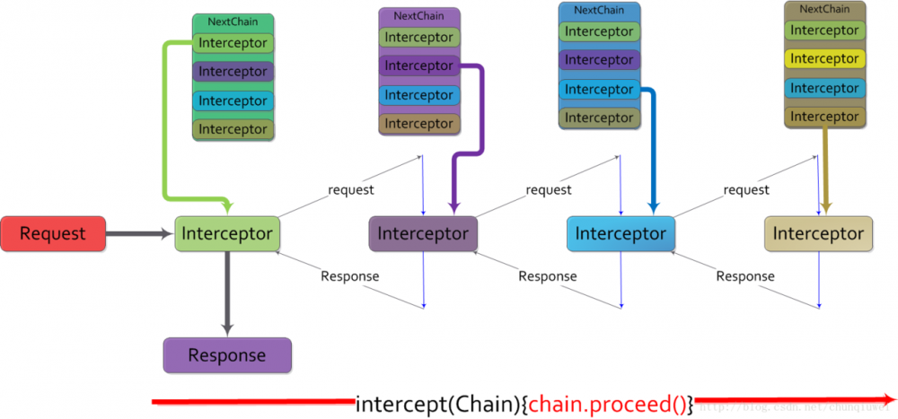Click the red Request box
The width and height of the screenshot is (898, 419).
[x=53, y=233]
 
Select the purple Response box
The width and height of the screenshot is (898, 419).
[x=227, y=355]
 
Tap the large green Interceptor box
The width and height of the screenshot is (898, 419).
[x=227, y=233]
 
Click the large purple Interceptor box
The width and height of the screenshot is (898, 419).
[x=423, y=233]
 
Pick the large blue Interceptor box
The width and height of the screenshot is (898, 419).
[x=621, y=233]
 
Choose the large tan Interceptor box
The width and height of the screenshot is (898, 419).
[x=818, y=233]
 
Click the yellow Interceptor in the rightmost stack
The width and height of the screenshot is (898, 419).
[x=824, y=59]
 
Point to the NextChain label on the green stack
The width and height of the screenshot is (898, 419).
[x=233, y=22]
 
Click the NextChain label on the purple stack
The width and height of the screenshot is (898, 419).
[x=418, y=16]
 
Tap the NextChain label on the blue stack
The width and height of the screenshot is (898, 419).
[x=599, y=10]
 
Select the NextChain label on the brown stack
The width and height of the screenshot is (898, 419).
[x=824, y=9]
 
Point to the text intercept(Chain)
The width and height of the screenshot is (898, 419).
[x=438, y=404]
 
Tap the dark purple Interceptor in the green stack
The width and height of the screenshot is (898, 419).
[x=233, y=72]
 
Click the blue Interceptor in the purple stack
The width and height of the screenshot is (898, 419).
[x=418, y=95]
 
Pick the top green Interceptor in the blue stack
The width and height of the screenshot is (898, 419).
[x=599, y=31]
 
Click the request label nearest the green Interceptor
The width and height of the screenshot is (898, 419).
[x=351, y=189]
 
